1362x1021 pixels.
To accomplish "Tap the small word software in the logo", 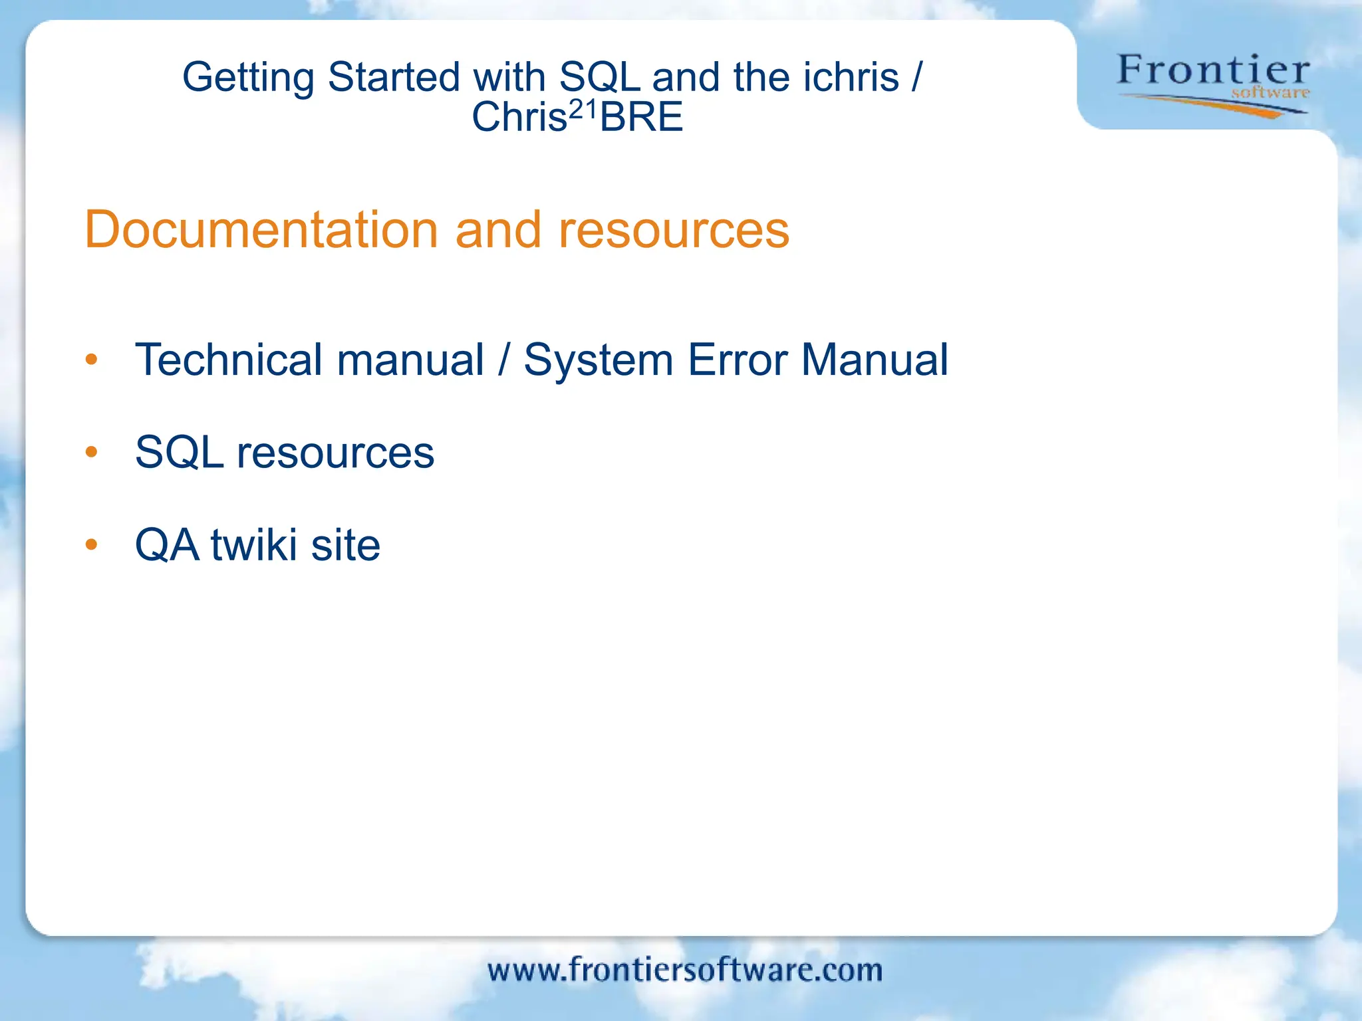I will tap(1270, 93).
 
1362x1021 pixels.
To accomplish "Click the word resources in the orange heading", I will tap(673, 230).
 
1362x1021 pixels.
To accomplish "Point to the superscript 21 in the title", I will tap(584, 108).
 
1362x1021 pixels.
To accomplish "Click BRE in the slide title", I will tap(641, 118).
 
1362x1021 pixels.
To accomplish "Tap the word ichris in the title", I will tap(851, 77).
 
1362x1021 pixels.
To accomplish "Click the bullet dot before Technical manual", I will tap(92, 360).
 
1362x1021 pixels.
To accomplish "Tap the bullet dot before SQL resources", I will tap(92, 453).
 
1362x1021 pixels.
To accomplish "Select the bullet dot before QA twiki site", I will tap(92, 545).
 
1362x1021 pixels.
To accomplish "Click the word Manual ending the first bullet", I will tap(875, 360).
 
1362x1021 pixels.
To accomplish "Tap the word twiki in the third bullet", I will tap(253, 545).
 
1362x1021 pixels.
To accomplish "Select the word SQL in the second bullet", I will tap(179, 453).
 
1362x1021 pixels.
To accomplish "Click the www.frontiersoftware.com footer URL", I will tap(684, 970).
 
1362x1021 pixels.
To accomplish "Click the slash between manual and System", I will tap(504, 360).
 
